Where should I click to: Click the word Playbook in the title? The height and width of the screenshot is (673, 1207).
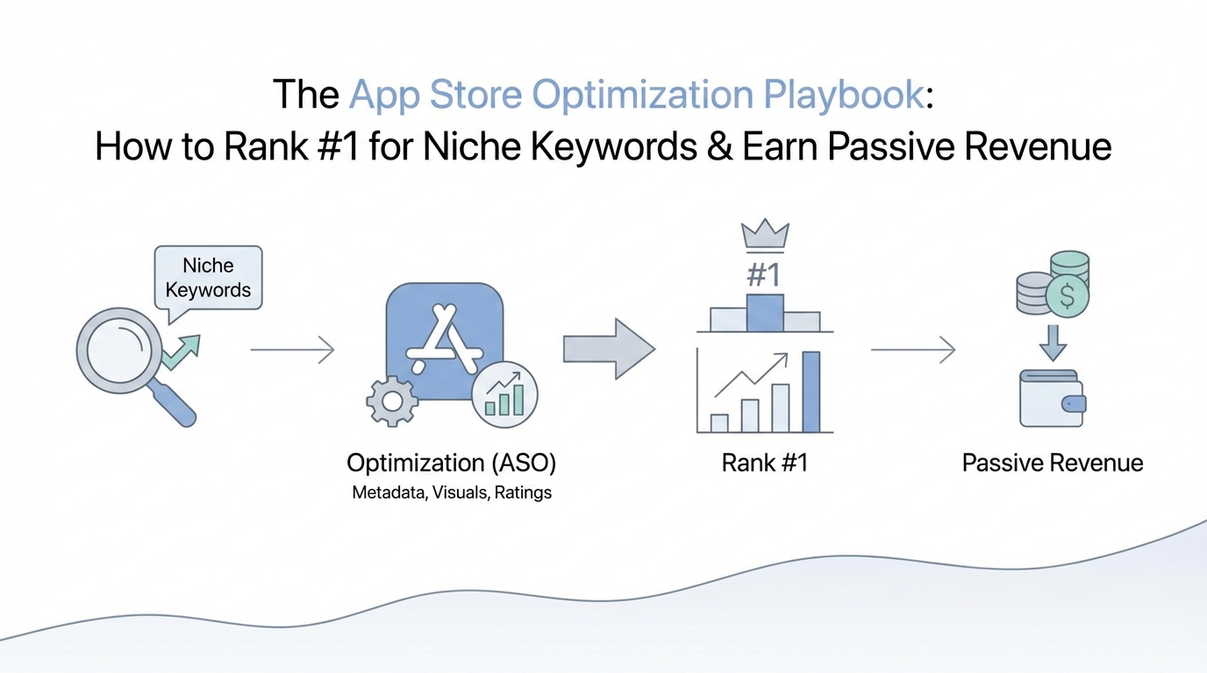pos(844,95)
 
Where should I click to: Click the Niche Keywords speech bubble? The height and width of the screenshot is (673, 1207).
pos(208,279)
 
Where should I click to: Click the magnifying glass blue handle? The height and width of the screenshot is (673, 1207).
pos(173,403)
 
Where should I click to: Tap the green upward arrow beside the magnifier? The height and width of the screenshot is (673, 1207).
pos(182,351)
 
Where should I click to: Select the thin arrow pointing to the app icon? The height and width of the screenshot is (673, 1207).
pos(293,350)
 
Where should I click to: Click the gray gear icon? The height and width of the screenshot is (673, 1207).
pos(392,401)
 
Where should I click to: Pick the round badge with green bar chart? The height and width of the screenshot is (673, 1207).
pos(504,394)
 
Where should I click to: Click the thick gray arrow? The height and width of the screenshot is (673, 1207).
pos(609,349)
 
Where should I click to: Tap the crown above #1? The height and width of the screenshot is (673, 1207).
pos(765,235)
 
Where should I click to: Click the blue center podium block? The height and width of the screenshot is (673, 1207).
pos(765,313)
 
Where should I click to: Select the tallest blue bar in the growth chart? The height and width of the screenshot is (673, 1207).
pos(811,392)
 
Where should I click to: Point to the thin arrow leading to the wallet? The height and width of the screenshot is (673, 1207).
pos(913,350)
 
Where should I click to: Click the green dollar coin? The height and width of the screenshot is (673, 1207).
pos(1067,295)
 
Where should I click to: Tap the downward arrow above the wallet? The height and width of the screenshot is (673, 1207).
pos(1053,343)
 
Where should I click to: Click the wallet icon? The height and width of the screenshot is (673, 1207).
pos(1053,398)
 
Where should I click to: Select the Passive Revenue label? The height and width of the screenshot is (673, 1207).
pos(1053,463)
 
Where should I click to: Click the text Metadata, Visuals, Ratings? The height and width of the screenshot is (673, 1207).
pos(452,492)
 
